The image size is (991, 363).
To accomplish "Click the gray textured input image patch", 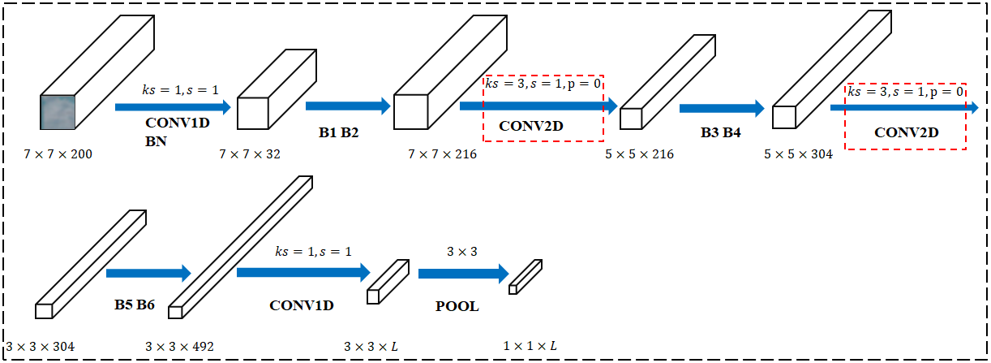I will coord(58,112).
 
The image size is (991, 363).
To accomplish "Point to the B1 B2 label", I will coord(339,130).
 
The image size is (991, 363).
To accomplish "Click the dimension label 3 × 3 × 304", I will coord(41,347).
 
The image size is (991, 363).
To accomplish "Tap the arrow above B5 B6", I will coord(148,273).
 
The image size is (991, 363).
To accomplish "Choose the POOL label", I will coord(457,307).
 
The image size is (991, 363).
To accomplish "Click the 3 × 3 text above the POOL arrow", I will coord(462,253).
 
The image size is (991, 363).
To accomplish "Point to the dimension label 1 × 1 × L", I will coord(530,347).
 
